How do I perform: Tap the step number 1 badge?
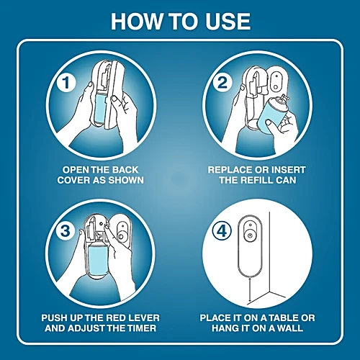coord(66,83)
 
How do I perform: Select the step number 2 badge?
coord(222,82)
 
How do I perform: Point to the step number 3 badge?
coord(66,231)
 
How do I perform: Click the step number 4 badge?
coord(222,231)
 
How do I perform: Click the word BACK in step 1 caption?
coord(125,170)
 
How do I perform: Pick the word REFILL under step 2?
coord(256,180)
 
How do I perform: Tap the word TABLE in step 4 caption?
coord(283,318)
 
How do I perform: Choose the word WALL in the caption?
coord(290,328)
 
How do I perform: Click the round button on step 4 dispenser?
coord(250,235)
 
